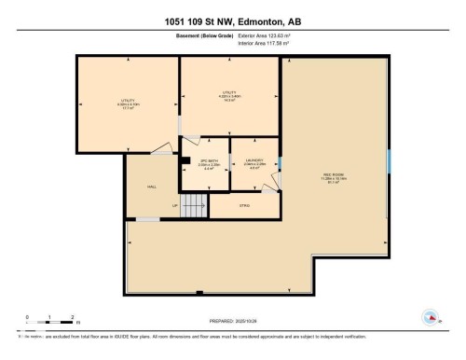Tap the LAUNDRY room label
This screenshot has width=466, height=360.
254,160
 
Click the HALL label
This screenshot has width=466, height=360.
151,186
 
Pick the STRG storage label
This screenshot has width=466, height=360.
244,205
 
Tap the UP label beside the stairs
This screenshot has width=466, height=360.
174,205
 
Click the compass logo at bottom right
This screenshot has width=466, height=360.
431,317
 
